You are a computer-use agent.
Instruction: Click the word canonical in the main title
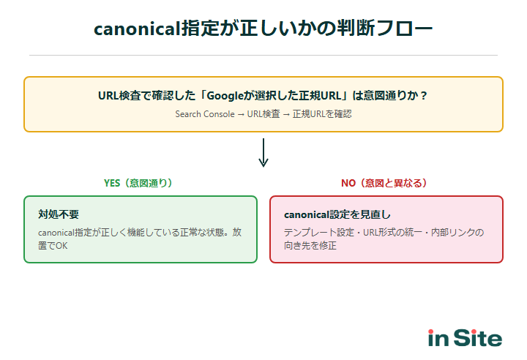pos(137,29)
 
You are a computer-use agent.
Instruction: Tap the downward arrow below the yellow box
pos(263,153)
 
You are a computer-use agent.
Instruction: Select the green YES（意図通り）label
pos(138,183)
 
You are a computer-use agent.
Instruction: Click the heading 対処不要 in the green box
pos(59,214)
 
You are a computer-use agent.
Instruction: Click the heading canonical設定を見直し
pos(337,214)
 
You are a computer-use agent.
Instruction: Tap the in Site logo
pos(465,338)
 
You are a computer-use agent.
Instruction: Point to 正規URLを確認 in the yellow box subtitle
pos(322,114)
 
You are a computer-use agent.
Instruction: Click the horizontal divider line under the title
pos(263,55)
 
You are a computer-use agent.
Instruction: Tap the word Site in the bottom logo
pos(478,338)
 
